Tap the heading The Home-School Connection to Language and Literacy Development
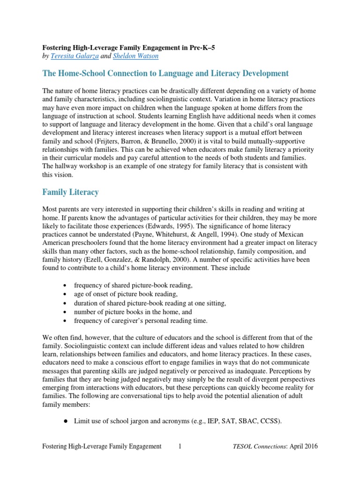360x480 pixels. point(165,74)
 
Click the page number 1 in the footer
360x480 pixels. point(180,447)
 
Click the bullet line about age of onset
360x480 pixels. point(126,294)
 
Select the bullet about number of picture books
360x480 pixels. point(133,312)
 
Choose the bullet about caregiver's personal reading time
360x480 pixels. point(141,321)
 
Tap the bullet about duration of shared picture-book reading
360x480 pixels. point(150,303)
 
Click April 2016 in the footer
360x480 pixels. point(304,447)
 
